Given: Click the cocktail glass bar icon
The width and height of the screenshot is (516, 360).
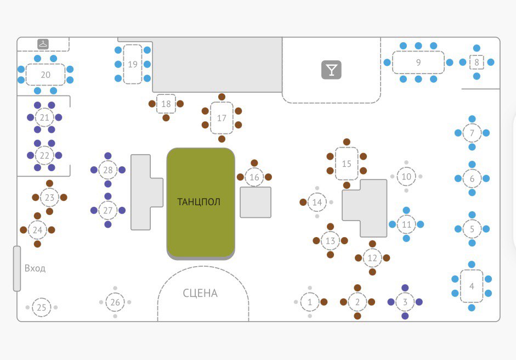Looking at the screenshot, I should (331, 69).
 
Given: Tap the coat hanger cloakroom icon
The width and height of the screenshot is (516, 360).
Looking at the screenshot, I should (43, 44).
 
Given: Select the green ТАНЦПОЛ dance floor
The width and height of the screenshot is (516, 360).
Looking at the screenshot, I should (201, 202).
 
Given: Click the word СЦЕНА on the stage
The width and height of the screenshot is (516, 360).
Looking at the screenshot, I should (200, 293).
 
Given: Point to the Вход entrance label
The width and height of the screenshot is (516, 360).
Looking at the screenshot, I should (35, 268).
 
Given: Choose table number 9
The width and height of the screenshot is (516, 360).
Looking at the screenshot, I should (418, 63).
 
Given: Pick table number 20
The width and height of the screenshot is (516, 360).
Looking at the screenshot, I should (46, 75).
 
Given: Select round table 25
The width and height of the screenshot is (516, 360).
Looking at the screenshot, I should (41, 307).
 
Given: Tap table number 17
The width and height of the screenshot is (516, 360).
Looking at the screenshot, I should (222, 118).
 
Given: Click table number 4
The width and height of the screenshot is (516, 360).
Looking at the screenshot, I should (472, 286).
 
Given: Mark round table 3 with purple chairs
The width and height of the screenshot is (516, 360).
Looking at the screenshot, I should (405, 302).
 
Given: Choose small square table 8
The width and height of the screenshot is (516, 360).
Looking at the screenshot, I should (477, 62).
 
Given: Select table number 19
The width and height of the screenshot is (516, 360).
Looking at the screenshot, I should (133, 64).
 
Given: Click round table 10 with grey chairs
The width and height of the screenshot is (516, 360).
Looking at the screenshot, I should (406, 177).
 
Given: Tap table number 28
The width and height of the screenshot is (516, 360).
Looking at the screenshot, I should (108, 170).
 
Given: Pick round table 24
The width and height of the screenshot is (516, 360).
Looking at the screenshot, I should (37, 230).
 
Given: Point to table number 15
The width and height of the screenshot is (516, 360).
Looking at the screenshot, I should (347, 164).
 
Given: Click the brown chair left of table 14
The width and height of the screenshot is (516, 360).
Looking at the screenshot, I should (303, 203).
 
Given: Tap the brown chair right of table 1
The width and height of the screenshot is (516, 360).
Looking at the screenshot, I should (324, 302).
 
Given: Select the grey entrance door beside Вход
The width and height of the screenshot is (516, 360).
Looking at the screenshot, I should (17, 268).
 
